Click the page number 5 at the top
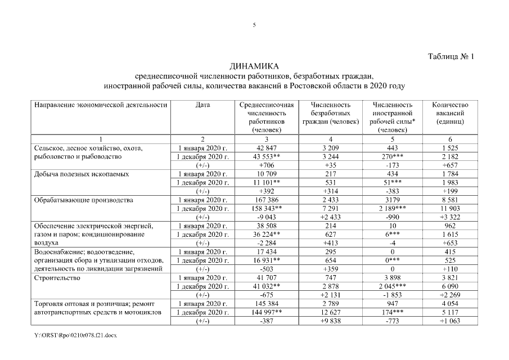(254, 25)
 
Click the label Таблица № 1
(452, 57)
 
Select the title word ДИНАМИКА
(254, 66)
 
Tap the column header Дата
(203, 105)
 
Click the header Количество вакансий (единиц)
(450, 113)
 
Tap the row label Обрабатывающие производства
(83, 200)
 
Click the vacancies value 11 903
(450, 208)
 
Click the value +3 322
(450, 217)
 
